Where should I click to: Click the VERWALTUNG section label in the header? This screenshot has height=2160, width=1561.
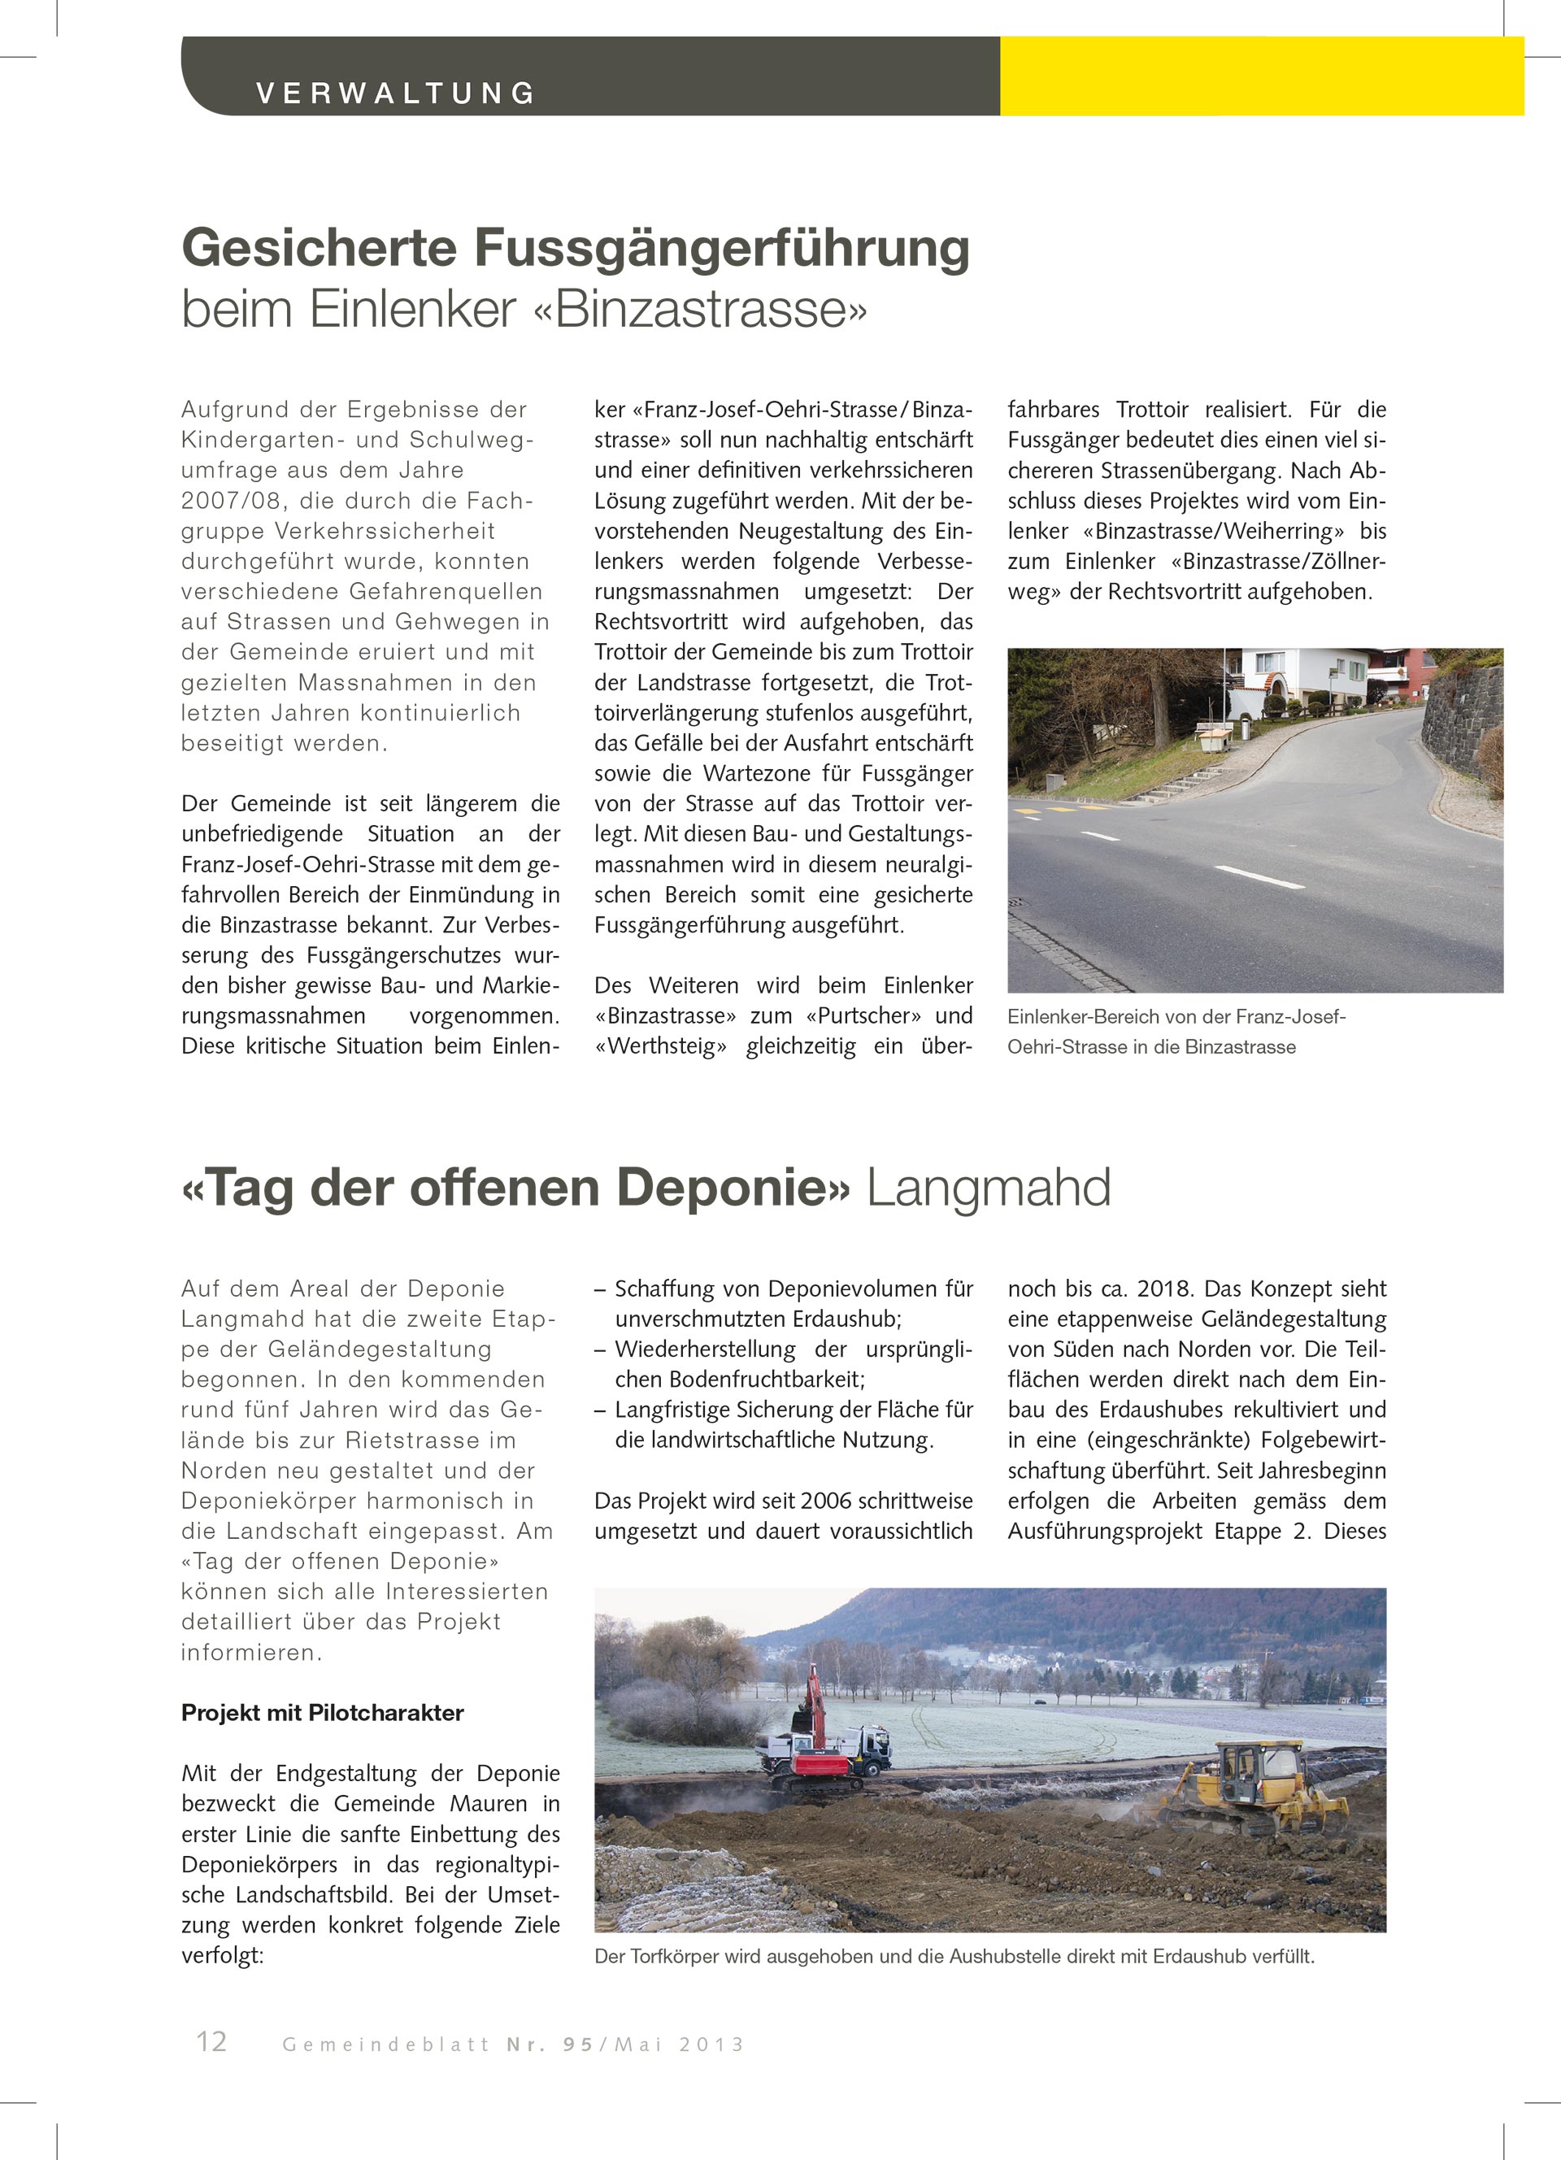click(x=395, y=93)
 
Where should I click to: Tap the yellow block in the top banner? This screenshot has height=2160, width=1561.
click(x=1260, y=76)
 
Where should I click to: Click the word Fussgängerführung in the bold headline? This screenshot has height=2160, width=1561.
click(x=721, y=248)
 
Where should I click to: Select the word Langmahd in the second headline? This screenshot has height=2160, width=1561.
click(x=988, y=1188)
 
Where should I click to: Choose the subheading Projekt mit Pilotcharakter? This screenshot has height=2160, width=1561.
click(x=322, y=1712)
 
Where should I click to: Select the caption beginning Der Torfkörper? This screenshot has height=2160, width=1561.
click(x=954, y=1957)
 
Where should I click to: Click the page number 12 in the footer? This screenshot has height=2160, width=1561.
click(x=211, y=2042)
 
